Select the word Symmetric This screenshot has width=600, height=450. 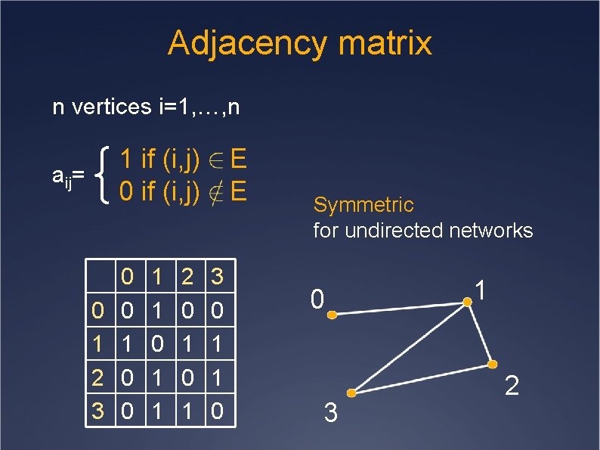pyautogui.click(x=363, y=204)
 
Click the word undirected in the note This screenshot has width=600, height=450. pyautogui.click(x=389, y=230)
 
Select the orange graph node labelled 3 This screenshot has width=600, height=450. pyautogui.click(x=351, y=393)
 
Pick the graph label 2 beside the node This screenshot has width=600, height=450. pyautogui.click(x=512, y=388)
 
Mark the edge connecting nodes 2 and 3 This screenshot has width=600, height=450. pyautogui.click(x=421, y=378)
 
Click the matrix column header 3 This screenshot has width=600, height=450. pyautogui.click(x=217, y=277)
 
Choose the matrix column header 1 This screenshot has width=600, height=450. pyautogui.click(x=158, y=277)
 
